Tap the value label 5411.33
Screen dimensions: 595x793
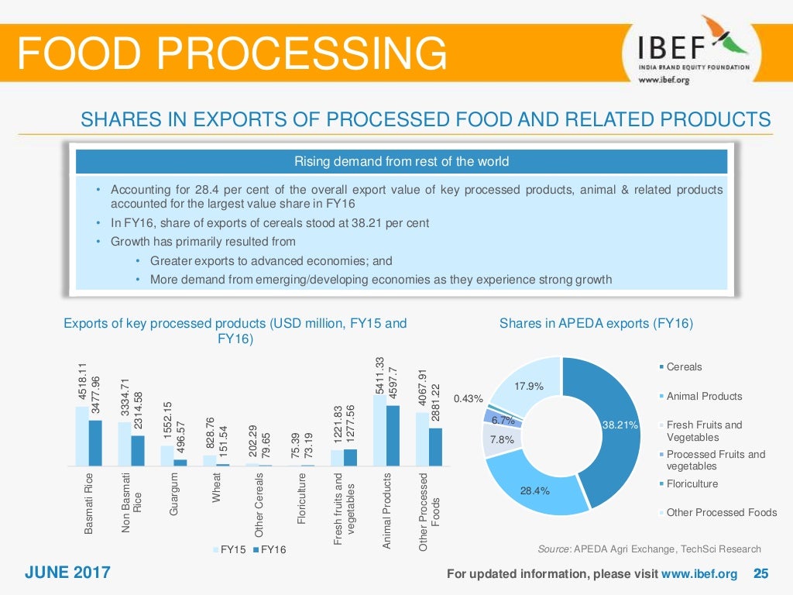pos(379,375)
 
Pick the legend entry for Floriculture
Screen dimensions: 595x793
pos(692,483)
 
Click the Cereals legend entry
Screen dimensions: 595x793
pos(684,366)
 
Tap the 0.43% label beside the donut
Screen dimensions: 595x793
pos(468,399)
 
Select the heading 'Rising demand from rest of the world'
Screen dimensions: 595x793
pos(400,162)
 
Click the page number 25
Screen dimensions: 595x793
pos(760,574)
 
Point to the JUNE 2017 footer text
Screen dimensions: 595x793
pos(67,573)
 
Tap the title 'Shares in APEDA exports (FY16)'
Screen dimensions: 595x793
pos(596,324)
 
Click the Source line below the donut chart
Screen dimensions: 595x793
pos(649,549)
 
